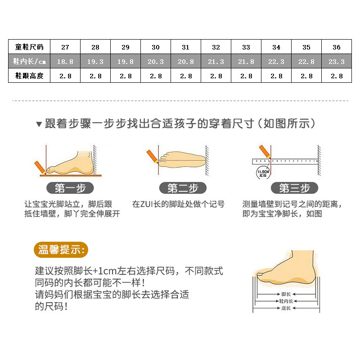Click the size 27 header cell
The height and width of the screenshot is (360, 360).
[x=65, y=47]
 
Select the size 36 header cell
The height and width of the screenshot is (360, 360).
[x=337, y=47]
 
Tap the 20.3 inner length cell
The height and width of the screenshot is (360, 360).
[x=156, y=62]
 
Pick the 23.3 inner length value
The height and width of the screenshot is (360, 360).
[x=337, y=62]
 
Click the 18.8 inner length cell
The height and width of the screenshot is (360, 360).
[x=65, y=62]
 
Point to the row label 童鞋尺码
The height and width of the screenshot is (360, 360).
[x=29, y=47]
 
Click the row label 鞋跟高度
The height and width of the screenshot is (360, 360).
[x=29, y=76]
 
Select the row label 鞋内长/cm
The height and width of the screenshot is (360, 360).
[x=29, y=62]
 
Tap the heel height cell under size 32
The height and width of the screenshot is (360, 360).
[x=216, y=76]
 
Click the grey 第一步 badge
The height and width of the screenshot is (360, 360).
[x=70, y=188]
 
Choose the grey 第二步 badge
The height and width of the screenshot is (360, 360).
[x=183, y=188]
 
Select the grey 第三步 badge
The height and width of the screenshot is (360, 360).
[x=295, y=188]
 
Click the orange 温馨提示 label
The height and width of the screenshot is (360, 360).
[x=61, y=250]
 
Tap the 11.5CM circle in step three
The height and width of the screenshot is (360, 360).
[x=263, y=173]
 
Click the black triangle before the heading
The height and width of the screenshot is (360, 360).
[x=39, y=124]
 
